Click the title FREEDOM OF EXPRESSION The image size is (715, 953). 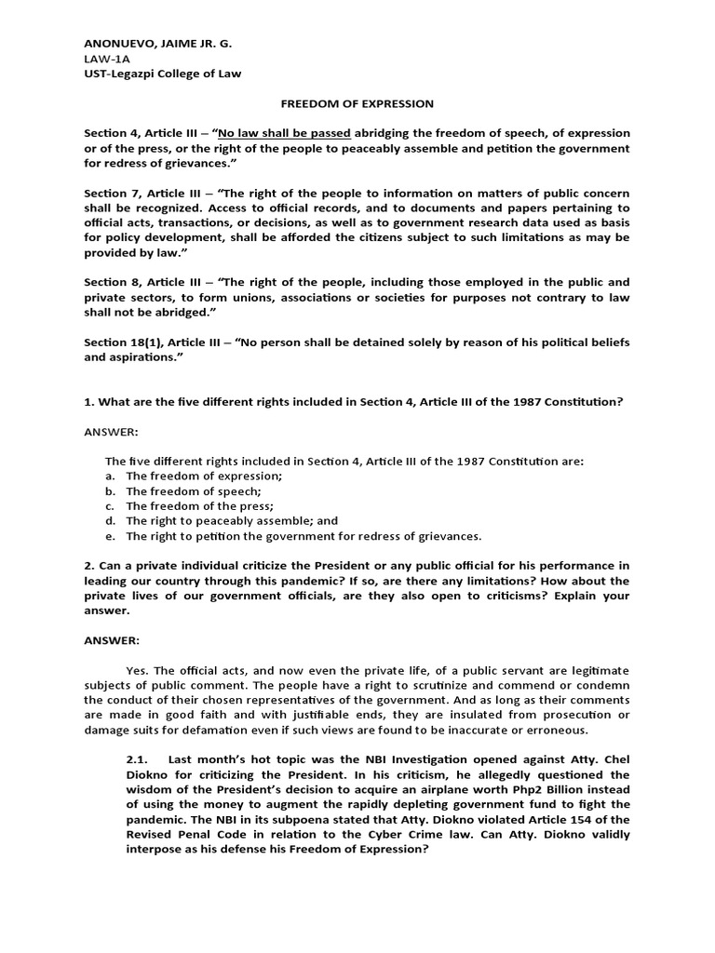coord(357,104)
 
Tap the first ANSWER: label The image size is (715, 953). coord(112,431)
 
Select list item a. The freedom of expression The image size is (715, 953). coord(194,476)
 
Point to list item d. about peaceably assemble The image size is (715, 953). coord(222,521)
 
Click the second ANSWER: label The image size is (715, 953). coord(112,640)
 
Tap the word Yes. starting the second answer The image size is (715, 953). coord(138,670)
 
